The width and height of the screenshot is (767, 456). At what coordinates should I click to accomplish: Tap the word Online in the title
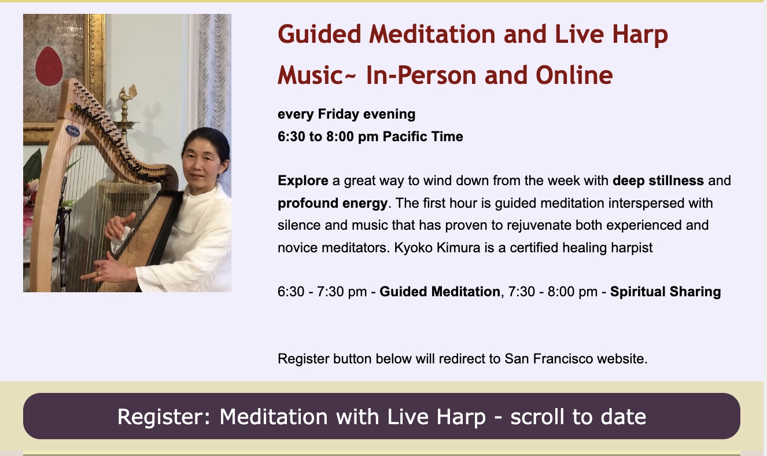(x=574, y=75)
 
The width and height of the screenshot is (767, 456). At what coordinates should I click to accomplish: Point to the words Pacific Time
(x=422, y=137)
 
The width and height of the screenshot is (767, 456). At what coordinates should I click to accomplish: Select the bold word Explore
(x=303, y=181)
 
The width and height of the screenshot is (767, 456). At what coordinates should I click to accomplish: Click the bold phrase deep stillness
(x=658, y=181)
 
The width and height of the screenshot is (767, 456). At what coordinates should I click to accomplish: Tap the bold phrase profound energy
(x=333, y=203)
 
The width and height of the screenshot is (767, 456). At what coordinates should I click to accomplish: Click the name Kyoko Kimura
(x=437, y=247)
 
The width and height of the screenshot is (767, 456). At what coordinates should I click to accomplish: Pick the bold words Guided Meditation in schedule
(x=440, y=292)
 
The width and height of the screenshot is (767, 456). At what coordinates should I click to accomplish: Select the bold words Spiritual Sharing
(x=665, y=292)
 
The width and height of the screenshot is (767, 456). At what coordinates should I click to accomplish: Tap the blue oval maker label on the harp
(x=72, y=130)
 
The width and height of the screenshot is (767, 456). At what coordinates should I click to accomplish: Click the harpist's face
(x=201, y=161)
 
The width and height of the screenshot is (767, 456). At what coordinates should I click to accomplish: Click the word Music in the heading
(x=310, y=75)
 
